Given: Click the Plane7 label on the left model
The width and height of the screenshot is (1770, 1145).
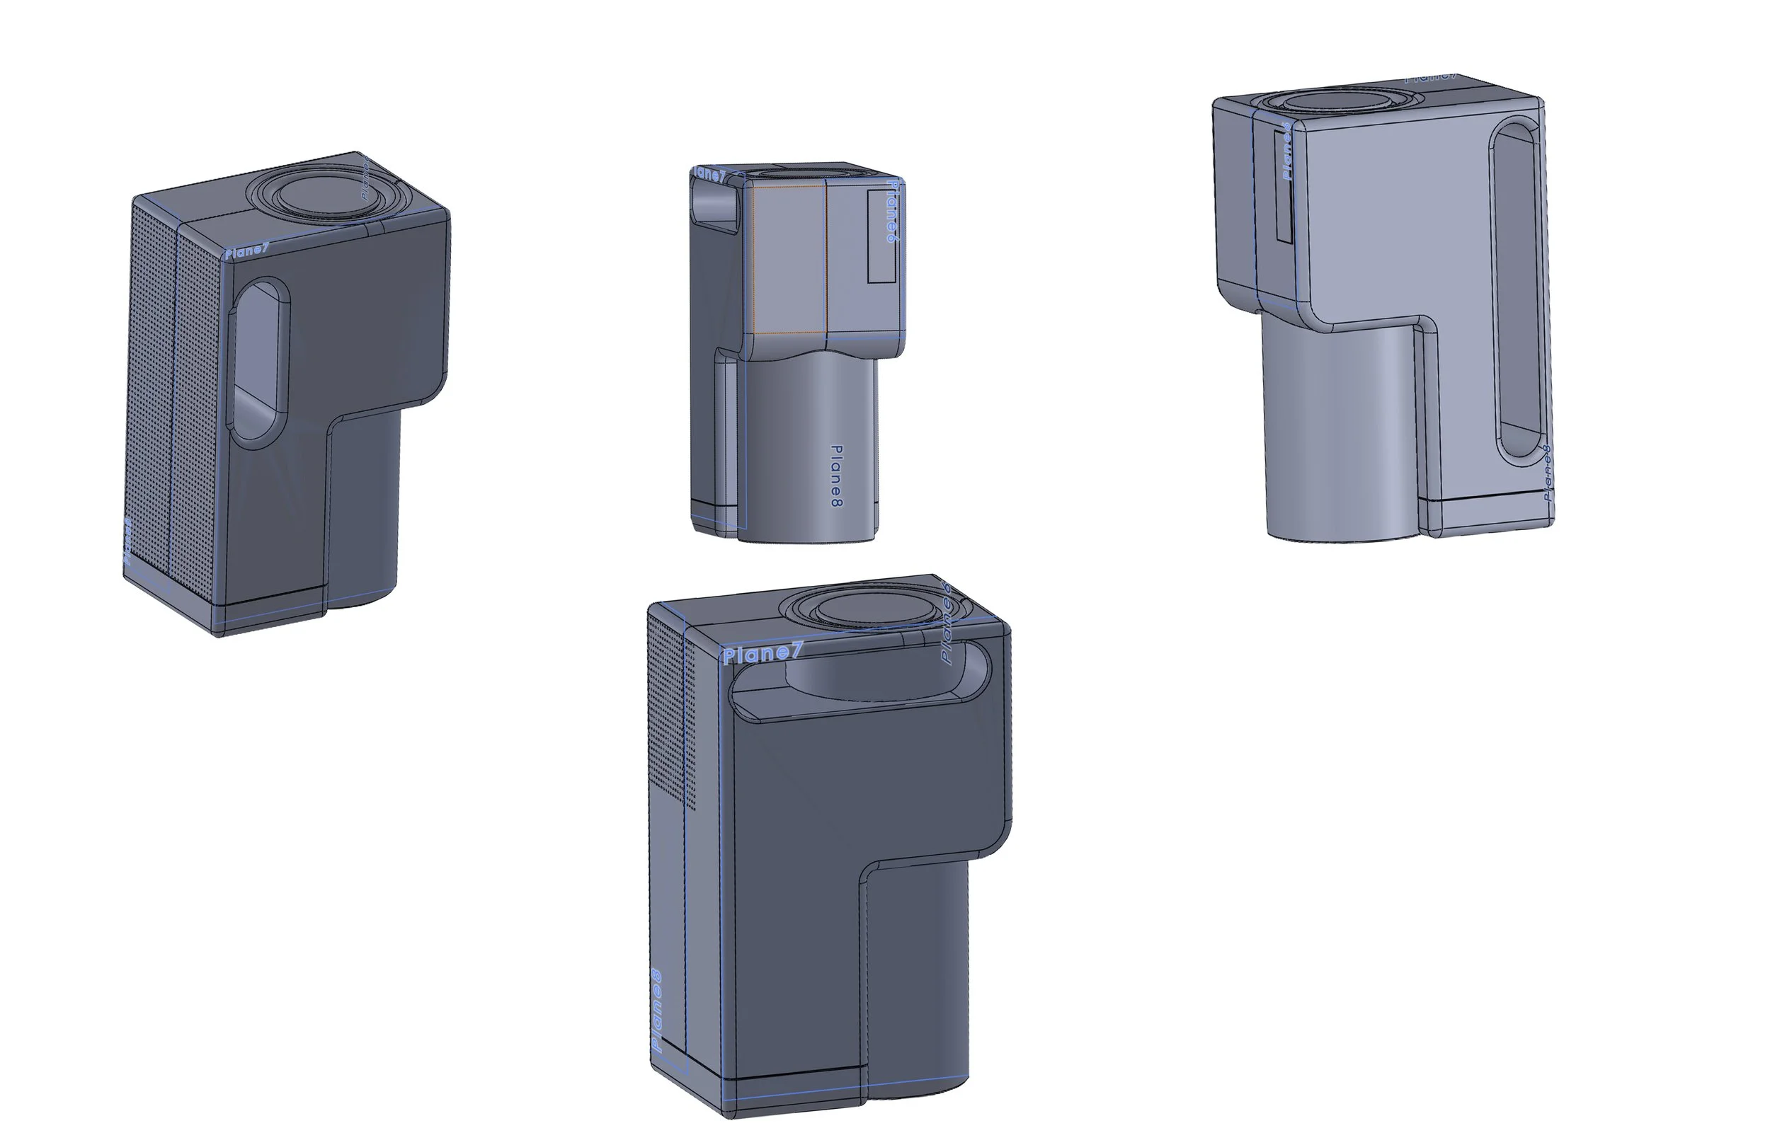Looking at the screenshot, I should tap(246, 251).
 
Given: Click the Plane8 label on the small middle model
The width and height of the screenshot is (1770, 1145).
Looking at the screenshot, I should tap(837, 476).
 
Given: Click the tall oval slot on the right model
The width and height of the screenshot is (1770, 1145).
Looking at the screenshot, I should tap(1518, 290).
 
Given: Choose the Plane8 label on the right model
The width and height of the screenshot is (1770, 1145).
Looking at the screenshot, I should tap(1546, 473).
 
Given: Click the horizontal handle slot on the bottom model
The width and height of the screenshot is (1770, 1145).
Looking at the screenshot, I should tap(862, 680).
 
